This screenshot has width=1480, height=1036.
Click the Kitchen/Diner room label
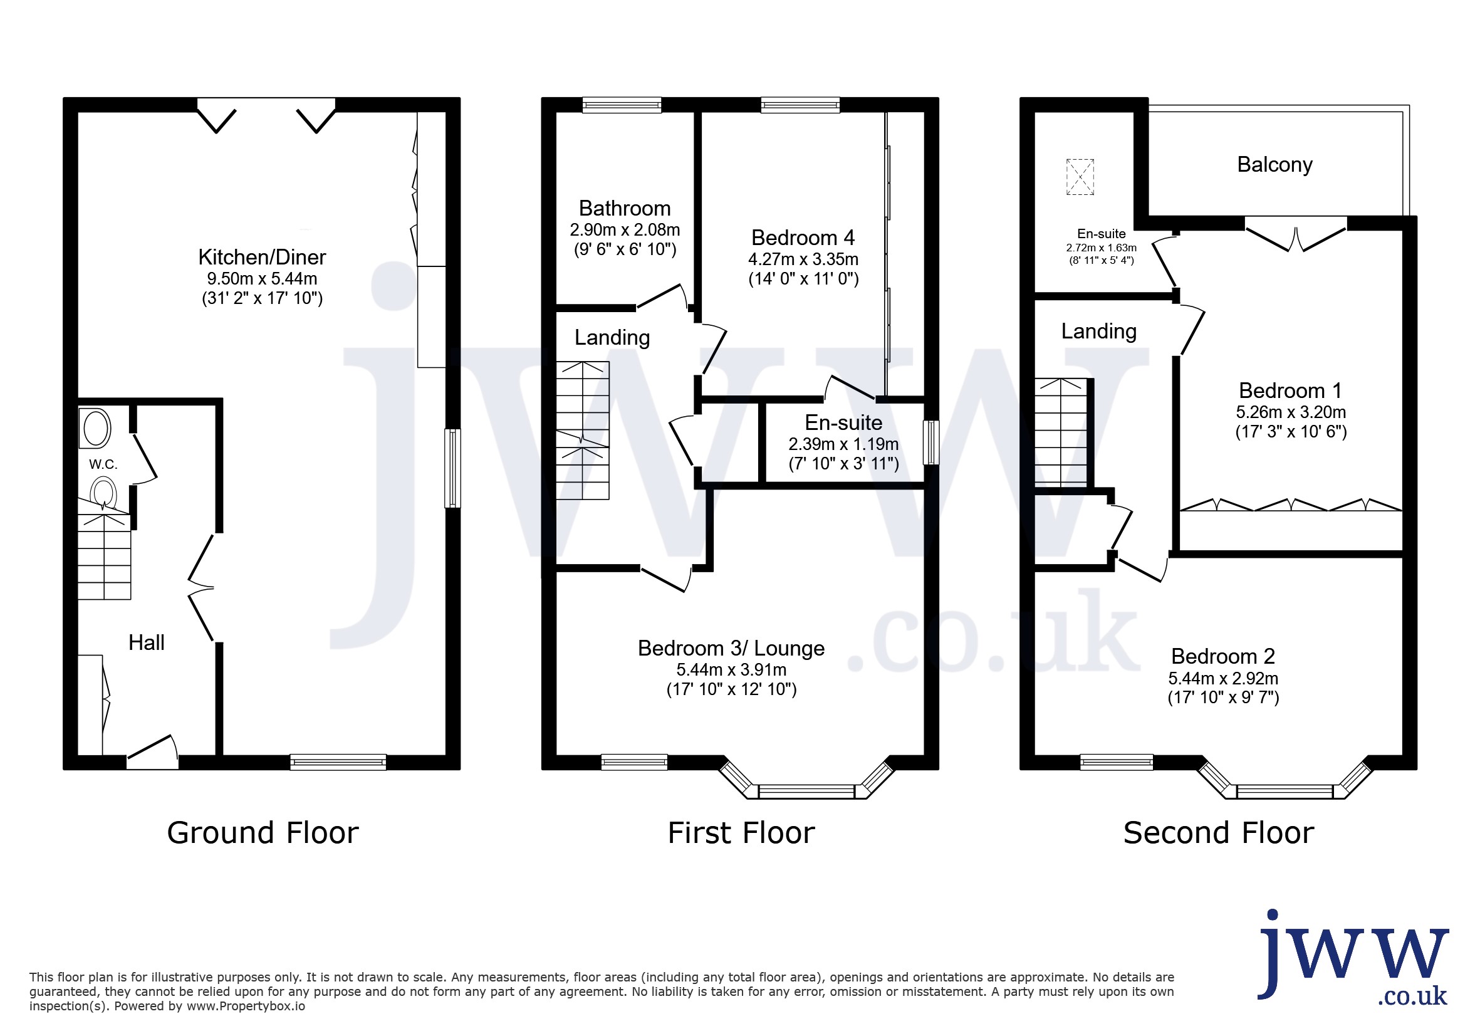[262, 257]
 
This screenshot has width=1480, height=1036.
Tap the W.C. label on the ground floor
[103, 464]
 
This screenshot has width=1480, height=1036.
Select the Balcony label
[1274, 165]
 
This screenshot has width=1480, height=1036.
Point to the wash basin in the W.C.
[95, 428]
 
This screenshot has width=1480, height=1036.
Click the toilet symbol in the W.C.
[103, 493]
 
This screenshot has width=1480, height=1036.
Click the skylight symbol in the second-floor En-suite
[1080, 177]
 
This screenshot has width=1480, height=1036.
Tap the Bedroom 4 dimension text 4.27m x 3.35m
[803, 259]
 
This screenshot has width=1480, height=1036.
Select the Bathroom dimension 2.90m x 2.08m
[625, 229]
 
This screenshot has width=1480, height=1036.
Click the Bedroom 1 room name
[1291, 390]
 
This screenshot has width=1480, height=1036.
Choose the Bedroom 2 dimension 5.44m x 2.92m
[1223, 678]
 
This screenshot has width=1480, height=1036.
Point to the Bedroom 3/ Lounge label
[731, 648]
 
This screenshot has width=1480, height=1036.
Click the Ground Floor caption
[263, 832]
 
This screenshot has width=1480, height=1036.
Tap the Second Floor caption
[1218, 832]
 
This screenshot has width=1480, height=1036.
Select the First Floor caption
[741, 832]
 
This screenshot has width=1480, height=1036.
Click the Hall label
[147, 642]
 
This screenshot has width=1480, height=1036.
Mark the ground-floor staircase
[105, 556]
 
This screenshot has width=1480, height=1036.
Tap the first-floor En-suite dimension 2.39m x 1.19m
[843, 444]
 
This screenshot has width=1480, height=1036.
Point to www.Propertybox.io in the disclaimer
[246, 1007]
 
